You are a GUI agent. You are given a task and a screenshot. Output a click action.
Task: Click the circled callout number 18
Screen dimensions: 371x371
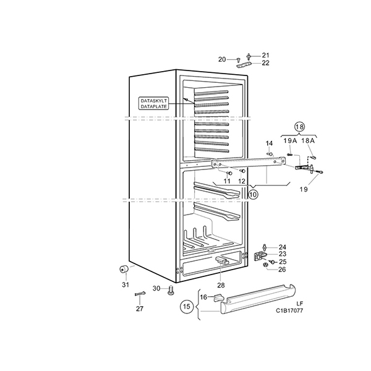[299, 127]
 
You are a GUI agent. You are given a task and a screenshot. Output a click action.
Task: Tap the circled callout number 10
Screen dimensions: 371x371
[253, 195]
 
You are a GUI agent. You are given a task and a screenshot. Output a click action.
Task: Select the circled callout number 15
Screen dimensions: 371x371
[187, 307]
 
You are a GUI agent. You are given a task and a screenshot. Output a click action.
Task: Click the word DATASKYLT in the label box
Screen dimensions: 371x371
[153, 101]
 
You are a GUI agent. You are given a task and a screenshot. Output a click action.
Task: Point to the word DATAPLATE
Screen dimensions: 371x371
[153, 106]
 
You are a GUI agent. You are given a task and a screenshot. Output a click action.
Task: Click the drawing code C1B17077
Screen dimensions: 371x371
[289, 310]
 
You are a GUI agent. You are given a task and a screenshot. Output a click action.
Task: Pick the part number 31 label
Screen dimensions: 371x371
[126, 284]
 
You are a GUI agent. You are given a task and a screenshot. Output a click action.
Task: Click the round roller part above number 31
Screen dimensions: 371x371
[124, 269]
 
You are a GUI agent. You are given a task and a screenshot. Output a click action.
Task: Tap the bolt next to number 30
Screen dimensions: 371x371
[170, 291]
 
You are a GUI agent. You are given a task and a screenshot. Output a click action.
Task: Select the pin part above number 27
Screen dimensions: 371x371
[140, 294]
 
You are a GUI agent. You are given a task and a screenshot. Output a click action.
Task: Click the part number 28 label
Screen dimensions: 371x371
[221, 285]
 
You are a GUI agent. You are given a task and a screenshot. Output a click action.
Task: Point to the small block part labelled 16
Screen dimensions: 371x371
[218, 297]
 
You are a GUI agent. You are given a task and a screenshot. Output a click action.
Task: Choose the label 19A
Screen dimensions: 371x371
[290, 141]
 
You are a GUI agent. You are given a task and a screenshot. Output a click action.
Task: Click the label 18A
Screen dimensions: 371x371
[308, 141]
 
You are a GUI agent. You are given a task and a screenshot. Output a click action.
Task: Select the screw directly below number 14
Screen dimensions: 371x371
[270, 154]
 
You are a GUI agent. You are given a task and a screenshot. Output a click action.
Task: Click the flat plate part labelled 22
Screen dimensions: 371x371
[244, 64]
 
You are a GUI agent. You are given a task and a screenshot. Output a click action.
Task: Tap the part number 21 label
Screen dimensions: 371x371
[265, 56]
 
